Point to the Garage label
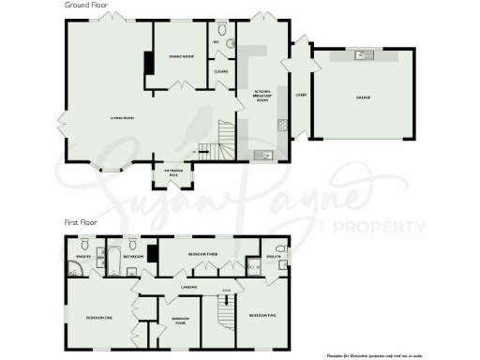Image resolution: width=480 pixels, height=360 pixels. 360,97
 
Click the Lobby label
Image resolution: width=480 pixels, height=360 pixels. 302,95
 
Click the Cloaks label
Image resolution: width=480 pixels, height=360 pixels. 221,70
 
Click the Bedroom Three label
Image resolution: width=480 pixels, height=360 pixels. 203,255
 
